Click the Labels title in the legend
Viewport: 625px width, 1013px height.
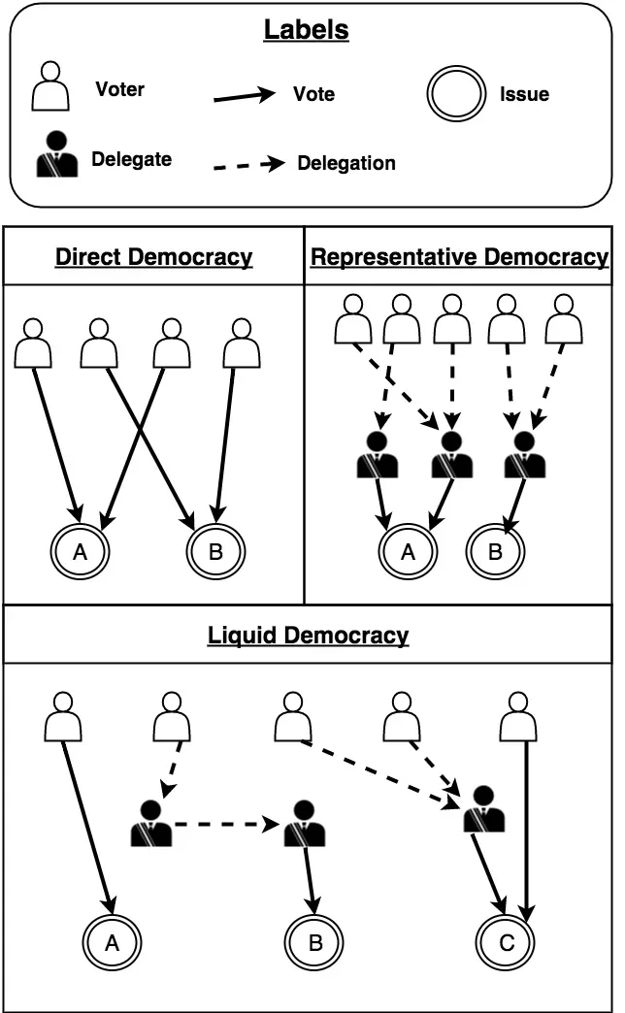tap(306, 30)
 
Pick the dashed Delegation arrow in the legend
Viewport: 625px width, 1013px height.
tap(249, 165)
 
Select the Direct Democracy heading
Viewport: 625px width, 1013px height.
tap(153, 257)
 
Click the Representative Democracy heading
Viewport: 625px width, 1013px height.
tap(459, 257)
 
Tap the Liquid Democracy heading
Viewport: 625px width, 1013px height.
tap(308, 636)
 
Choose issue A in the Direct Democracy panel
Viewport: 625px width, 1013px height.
tap(82, 552)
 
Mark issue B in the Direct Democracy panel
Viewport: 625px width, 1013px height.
tap(215, 552)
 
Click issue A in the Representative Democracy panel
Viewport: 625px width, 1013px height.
tap(408, 552)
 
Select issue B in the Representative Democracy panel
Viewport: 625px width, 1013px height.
tap(495, 552)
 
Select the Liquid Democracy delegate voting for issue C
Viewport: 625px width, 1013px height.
tap(483, 808)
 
